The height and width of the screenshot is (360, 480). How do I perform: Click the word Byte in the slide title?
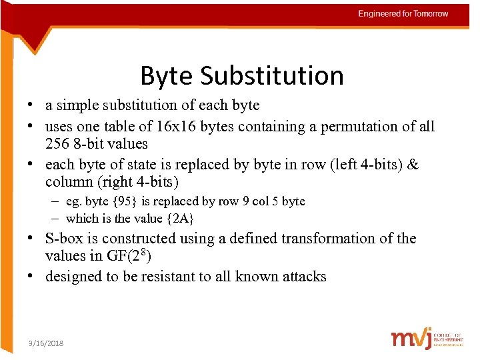[x=167, y=77]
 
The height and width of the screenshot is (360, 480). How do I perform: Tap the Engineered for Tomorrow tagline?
[x=403, y=14]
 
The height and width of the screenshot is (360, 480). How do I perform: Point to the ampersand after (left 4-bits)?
[x=413, y=165]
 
